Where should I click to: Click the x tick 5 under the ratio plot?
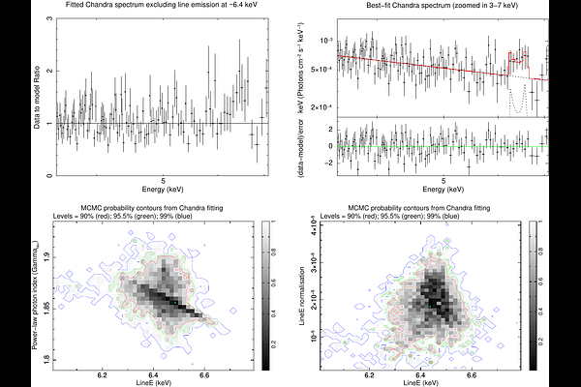(x=164, y=181)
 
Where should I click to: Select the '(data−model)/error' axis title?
(x=307, y=149)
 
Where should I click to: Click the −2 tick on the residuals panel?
(x=331, y=163)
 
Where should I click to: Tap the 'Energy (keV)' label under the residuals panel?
(x=443, y=191)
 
